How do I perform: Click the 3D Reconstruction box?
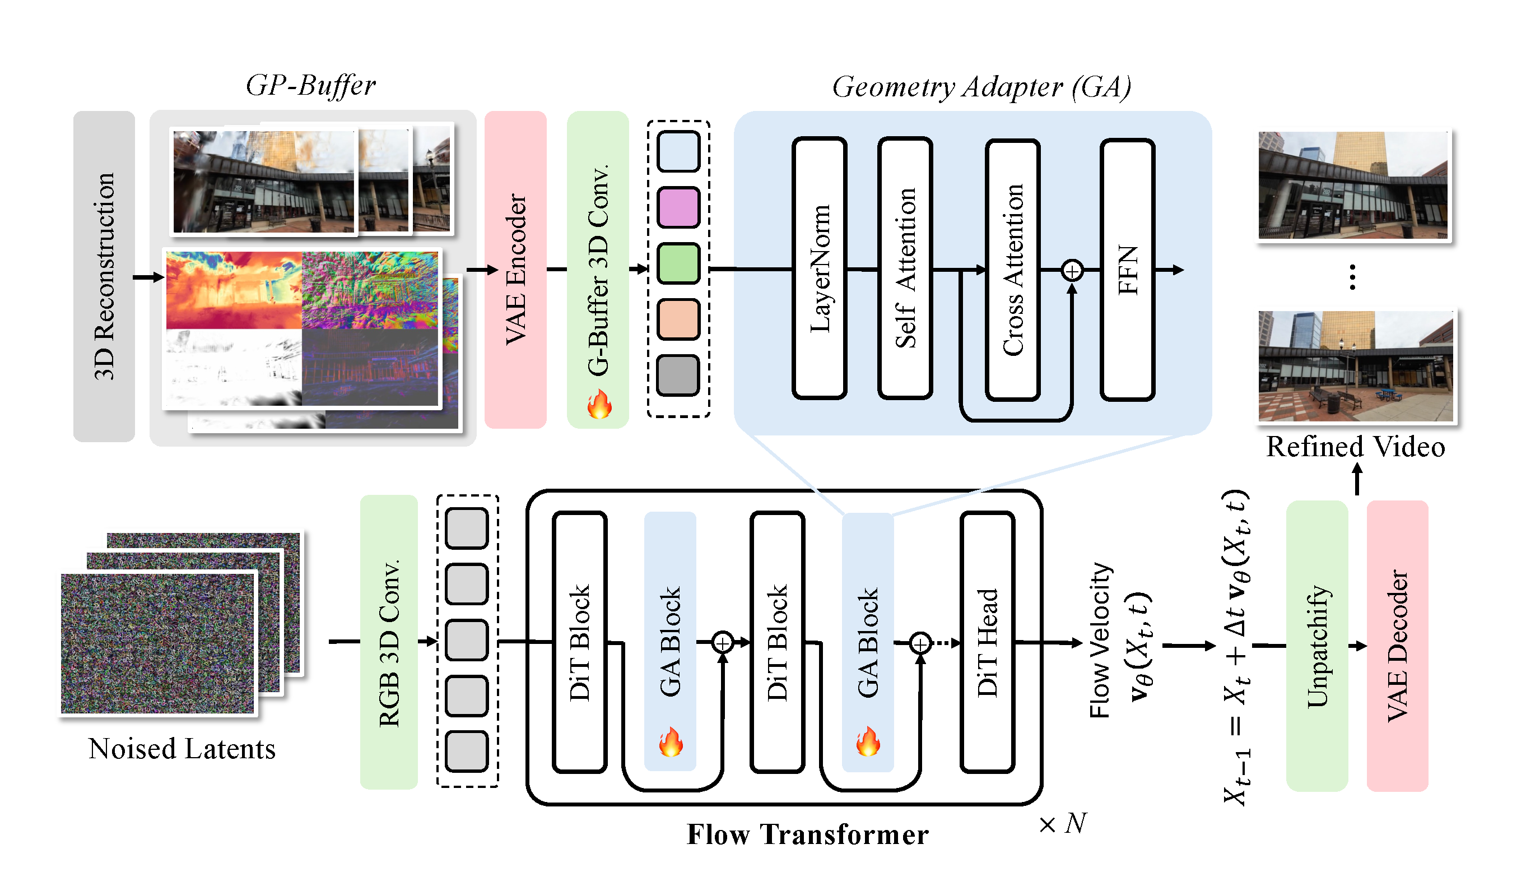[104, 276]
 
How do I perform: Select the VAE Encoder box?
[515, 270]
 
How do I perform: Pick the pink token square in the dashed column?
[678, 207]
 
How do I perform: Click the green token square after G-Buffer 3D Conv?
[678, 263]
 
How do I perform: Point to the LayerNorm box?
[820, 268]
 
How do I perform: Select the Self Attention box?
[905, 268]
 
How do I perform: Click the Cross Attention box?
[1012, 270]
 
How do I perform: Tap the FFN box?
[1128, 270]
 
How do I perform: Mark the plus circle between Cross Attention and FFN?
[1072, 270]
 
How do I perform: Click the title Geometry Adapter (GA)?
[981, 87]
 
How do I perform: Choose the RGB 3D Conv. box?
[389, 642]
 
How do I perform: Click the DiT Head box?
[987, 642]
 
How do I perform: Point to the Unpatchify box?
[1316, 646]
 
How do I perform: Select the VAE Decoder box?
[1397, 646]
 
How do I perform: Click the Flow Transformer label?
[807, 834]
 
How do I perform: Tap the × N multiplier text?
[1063, 823]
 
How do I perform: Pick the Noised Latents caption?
[182, 749]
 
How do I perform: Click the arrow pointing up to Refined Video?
[1357, 479]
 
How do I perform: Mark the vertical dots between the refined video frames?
[1352, 277]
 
